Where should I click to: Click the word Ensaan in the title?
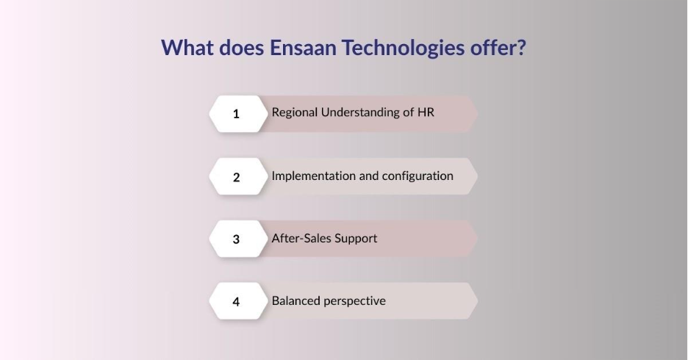285,48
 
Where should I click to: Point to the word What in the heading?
186,48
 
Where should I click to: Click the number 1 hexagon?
236,114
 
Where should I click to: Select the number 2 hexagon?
236,176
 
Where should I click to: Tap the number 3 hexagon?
236,239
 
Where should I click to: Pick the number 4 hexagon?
236,301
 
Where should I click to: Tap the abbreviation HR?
426,112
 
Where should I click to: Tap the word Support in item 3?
356,239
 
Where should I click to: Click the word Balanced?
295,300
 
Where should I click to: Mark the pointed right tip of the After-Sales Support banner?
476,239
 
